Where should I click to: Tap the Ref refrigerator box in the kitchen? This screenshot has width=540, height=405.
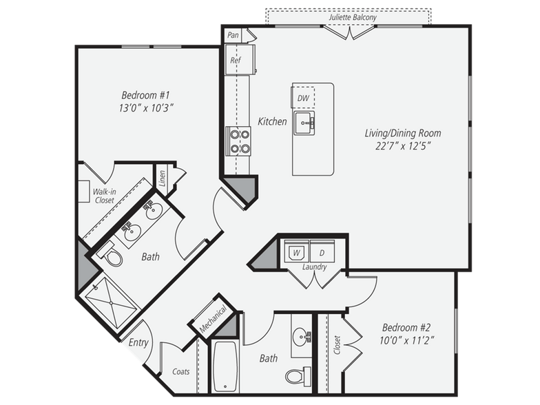[x=236, y=60]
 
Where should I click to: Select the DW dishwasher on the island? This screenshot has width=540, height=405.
[x=303, y=98]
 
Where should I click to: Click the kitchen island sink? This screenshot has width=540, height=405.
[x=304, y=124]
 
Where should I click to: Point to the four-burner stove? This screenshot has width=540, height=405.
[x=239, y=141]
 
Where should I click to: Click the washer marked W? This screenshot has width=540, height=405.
[x=297, y=251]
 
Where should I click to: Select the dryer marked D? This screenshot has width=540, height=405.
[x=322, y=251]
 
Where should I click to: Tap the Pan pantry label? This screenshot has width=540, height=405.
[x=233, y=34]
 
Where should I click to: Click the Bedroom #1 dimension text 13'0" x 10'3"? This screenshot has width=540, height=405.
[x=146, y=107]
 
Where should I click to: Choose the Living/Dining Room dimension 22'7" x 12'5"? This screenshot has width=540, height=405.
[x=402, y=146]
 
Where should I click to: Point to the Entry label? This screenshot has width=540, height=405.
[x=138, y=342]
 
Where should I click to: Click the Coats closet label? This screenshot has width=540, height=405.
[x=180, y=372]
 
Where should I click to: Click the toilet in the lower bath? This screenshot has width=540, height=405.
[x=298, y=376]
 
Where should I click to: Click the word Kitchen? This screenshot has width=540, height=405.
[x=272, y=122]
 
